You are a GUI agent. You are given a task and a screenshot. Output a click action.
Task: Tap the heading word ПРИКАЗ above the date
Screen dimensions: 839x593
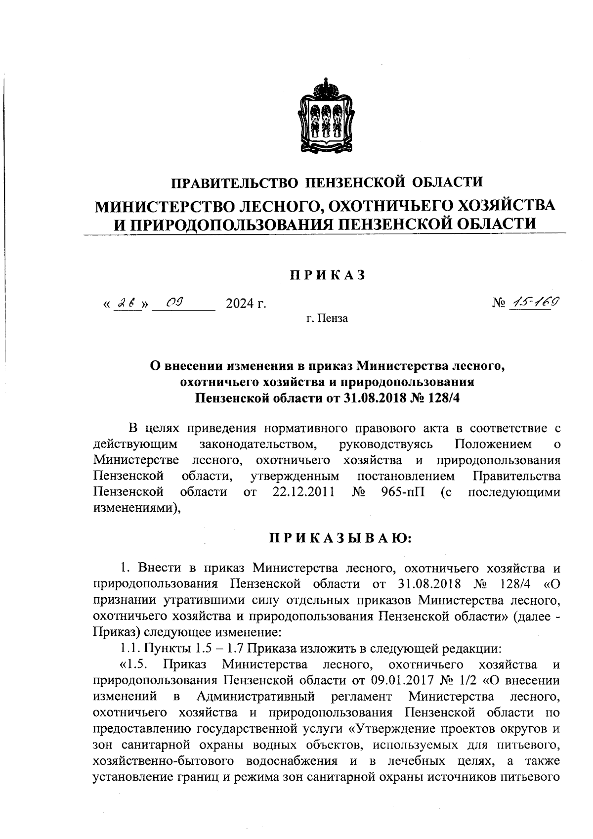coord(327,275)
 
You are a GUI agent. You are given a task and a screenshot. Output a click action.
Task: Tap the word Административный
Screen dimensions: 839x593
coord(256,697)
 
